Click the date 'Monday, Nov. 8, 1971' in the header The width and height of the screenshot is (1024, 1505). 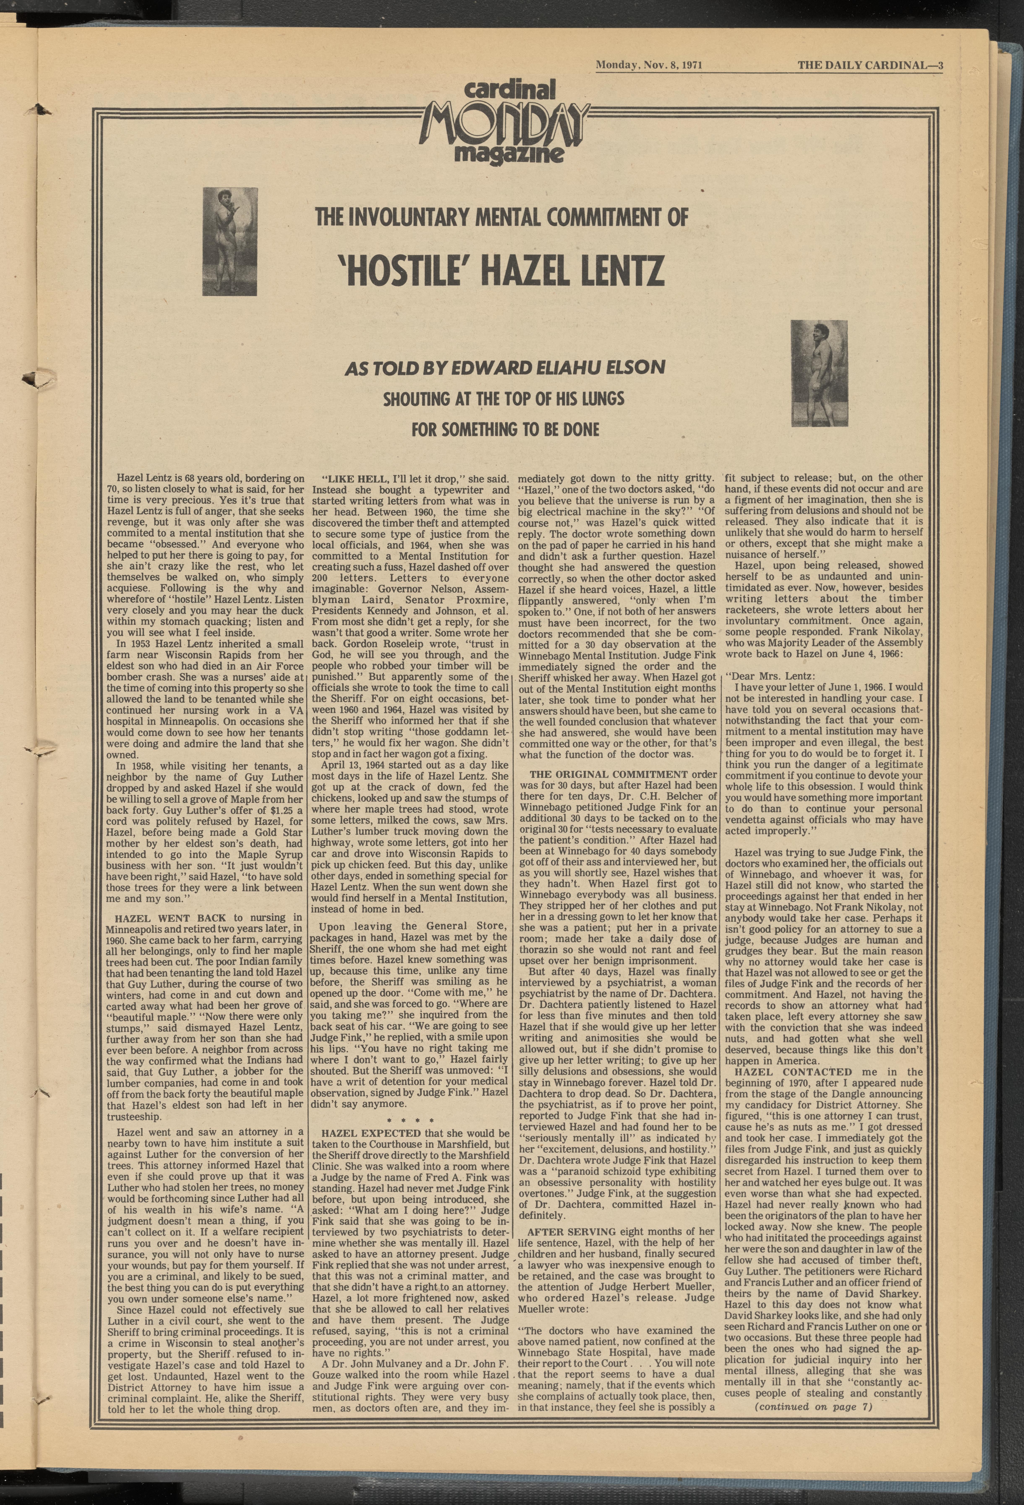pos(649,65)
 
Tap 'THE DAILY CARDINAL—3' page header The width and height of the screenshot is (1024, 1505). pos(870,65)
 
